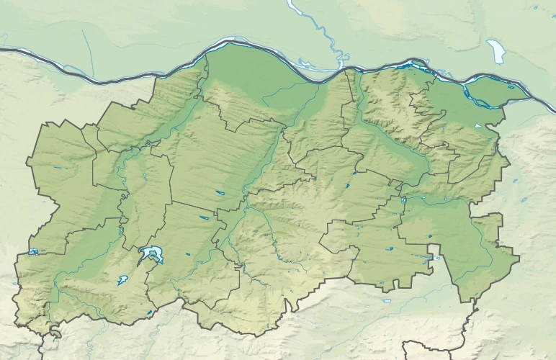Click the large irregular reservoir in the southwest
[x=152, y=253]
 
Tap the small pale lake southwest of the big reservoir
[x=123, y=279]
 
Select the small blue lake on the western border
[x=33, y=252]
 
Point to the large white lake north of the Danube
[x=496, y=52]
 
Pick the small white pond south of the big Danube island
[x=477, y=127]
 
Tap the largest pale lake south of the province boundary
[x=387, y=300]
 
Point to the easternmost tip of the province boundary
[x=519, y=257]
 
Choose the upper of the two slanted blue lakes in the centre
[x=219, y=192]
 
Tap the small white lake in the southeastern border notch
[x=434, y=256]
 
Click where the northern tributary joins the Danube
[x=339, y=68]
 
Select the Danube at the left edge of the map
[x=4, y=50]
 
